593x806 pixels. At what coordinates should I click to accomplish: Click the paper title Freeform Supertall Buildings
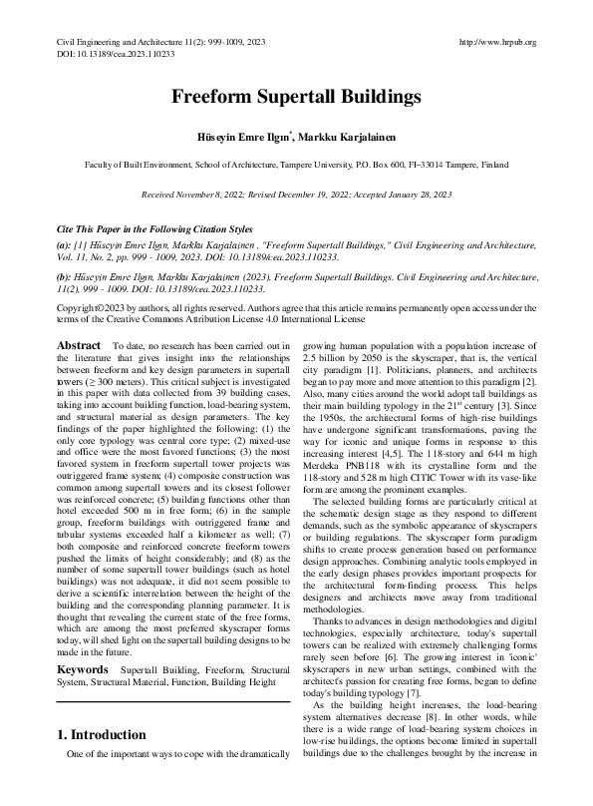(x=296, y=98)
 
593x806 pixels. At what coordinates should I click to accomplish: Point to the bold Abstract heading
(x=79, y=344)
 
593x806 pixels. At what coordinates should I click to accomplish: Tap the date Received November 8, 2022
(x=204, y=196)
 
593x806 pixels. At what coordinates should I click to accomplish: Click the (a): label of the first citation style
(x=64, y=243)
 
